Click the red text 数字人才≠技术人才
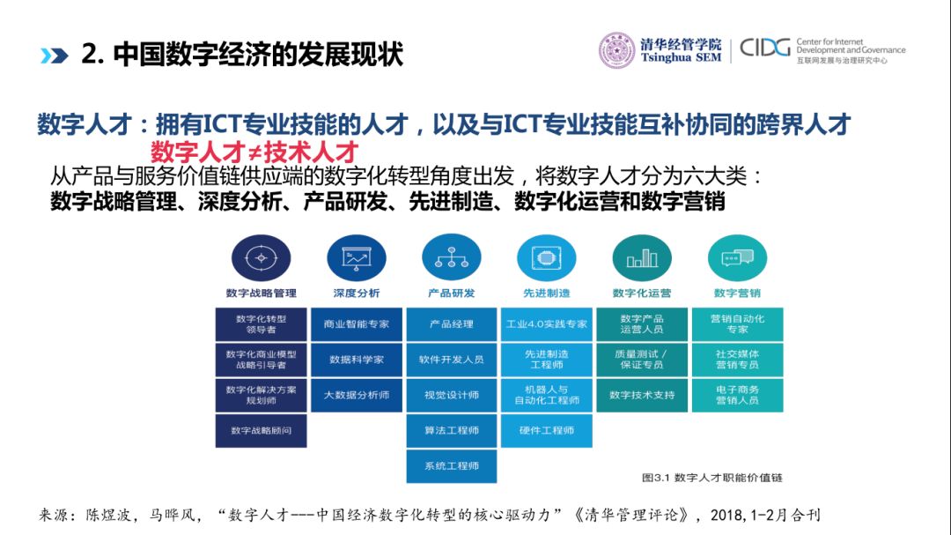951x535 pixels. click(254, 150)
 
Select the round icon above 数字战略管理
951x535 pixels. click(261, 257)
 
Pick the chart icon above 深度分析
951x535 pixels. click(356, 257)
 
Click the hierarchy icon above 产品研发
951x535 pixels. click(451, 257)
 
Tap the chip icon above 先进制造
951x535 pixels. click(547, 257)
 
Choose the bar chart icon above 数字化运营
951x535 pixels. click(642, 257)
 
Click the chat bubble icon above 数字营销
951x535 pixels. click(737, 257)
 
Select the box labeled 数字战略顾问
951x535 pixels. click(261, 430)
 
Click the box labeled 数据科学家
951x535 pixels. click(356, 360)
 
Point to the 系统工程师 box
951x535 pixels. click(452, 466)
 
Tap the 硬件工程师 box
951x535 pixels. click(547, 430)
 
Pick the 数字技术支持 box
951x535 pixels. click(642, 395)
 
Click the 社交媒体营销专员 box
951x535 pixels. click(737, 360)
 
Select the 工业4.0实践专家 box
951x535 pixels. click(547, 324)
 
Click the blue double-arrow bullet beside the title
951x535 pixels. click(54, 55)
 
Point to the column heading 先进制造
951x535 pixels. click(547, 294)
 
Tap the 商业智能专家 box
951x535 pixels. click(356, 324)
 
